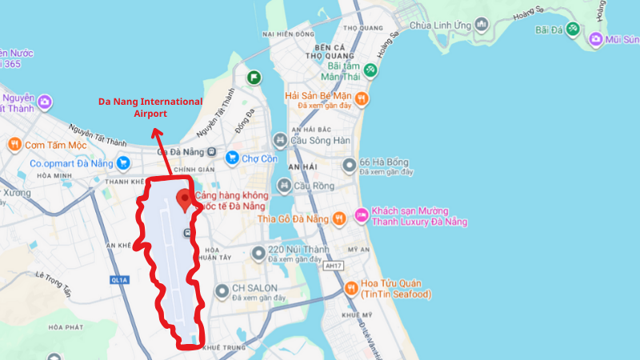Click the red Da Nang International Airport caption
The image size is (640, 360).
(150, 108)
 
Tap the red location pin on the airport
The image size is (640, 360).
(186, 199)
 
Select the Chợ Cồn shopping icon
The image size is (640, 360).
(233, 158)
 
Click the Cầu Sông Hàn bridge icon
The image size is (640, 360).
(280, 141)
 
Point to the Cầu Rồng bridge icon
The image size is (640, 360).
(282, 186)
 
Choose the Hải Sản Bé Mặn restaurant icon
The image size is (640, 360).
(362, 99)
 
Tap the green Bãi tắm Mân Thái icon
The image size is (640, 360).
(370, 70)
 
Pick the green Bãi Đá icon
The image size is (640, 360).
(572, 30)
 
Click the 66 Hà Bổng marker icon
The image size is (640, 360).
(348, 166)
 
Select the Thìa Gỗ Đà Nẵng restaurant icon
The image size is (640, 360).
(339, 217)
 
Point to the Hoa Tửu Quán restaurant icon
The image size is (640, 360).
(350, 288)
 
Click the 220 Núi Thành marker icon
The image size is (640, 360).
(258, 254)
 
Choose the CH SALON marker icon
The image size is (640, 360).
(222, 292)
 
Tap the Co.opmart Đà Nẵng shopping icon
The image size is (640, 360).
(123, 163)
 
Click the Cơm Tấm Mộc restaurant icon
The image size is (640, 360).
(14, 145)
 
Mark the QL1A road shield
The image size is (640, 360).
(120, 280)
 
